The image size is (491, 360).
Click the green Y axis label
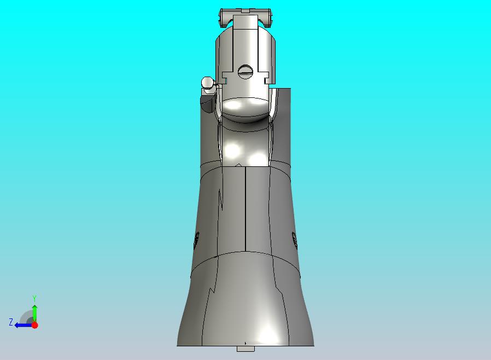[34, 298]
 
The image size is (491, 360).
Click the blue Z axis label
[10, 322]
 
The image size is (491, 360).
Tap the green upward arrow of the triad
[34, 312]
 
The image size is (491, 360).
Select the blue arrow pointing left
[22, 325]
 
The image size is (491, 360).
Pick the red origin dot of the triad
[34, 325]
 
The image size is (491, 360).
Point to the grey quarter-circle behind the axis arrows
[27, 317]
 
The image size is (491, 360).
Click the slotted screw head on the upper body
[245, 71]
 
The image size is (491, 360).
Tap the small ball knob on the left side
[208, 83]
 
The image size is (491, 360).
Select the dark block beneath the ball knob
[207, 101]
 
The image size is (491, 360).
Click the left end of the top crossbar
[221, 19]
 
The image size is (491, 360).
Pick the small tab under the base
[245, 349]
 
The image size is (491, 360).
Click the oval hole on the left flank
[197, 239]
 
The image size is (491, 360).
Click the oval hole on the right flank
[294, 239]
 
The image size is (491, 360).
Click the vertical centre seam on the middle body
[245, 208]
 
